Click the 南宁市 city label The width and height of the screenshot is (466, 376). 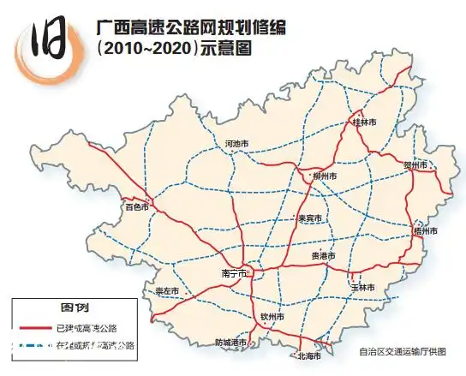234,273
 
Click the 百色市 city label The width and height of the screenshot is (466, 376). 136,207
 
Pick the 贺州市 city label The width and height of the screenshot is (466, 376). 415,164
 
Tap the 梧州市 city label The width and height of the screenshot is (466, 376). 425,231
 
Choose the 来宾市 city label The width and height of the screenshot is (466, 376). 309,218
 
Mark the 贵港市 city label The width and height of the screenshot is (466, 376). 323,256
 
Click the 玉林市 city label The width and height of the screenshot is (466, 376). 363,287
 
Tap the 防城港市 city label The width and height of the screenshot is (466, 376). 230,342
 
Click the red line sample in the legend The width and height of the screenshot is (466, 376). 33,328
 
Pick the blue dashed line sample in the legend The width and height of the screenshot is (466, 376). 33,345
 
